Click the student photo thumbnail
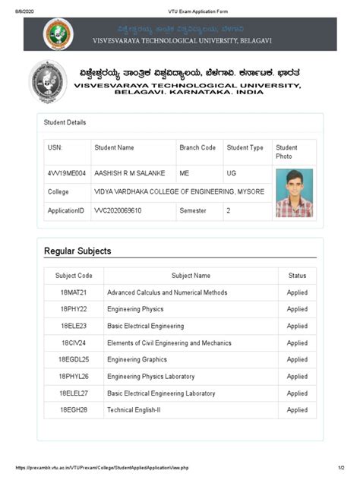pyautogui.click(x=294, y=192)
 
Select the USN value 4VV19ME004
pyautogui.click(x=66, y=173)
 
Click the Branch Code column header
pyautogui.click(x=197, y=147)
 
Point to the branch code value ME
pyautogui.click(x=185, y=173)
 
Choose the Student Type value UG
pyautogui.click(x=232, y=173)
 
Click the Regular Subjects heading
pyautogui.click(x=77, y=251)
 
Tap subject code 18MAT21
pyautogui.click(x=74, y=292)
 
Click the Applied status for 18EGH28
pyautogui.click(x=297, y=410)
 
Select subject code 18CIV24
pyautogui.click(x=74, y=343)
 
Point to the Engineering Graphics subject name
pyautogui.click(x=137, y=360)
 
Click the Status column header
pyautogui.click(x=297, y=276)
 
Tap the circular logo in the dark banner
pyautogui.click(x=58, y=35)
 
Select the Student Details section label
pyautogui.click(x=66, y=122)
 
